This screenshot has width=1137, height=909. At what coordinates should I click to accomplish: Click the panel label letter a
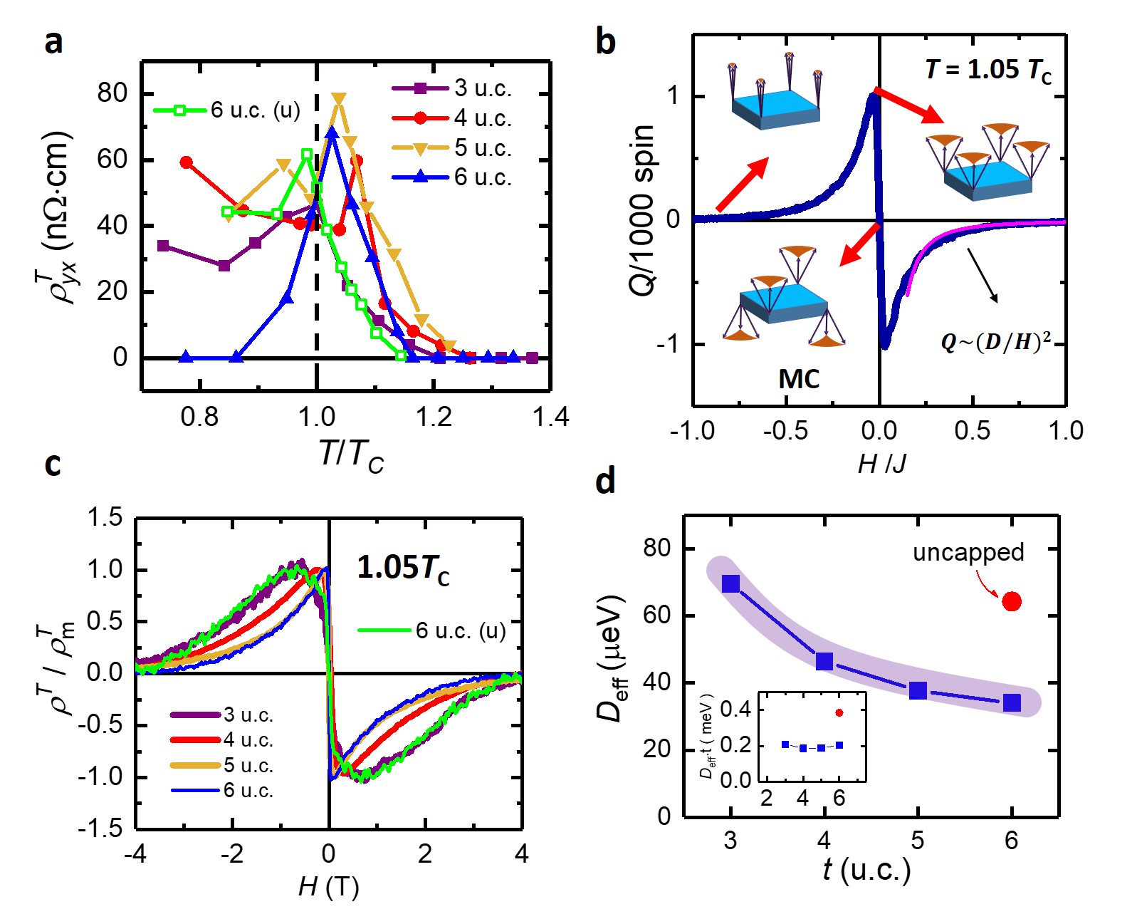(x=53, y=43)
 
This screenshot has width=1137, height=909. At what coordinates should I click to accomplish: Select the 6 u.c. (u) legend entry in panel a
(x=228, y=110)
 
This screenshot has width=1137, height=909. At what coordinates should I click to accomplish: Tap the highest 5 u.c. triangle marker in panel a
(x=339, y=99)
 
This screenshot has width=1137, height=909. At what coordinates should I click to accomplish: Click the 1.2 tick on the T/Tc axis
(x=434, y=417)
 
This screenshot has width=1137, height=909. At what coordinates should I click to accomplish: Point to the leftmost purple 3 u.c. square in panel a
(x=163, y=246)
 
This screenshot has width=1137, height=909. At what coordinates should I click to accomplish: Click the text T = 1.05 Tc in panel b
(x=987, y=70)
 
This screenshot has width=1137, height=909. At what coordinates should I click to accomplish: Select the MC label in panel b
(x=799, y=379)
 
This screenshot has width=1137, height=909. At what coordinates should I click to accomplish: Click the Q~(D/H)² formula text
(x=995, y=343)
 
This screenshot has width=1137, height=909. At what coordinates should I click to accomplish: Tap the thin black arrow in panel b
(x=982, y=276)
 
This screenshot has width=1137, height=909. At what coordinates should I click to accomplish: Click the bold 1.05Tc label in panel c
(x=403, y=568)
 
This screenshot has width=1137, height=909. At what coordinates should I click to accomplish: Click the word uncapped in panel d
(x=968, y=552)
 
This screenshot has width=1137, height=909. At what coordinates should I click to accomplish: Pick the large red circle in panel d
(x=1012, y=602)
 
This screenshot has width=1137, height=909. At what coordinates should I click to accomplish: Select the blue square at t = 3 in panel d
(x=730, y=584)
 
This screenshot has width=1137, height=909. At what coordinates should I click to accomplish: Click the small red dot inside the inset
(x=839, y=712)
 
